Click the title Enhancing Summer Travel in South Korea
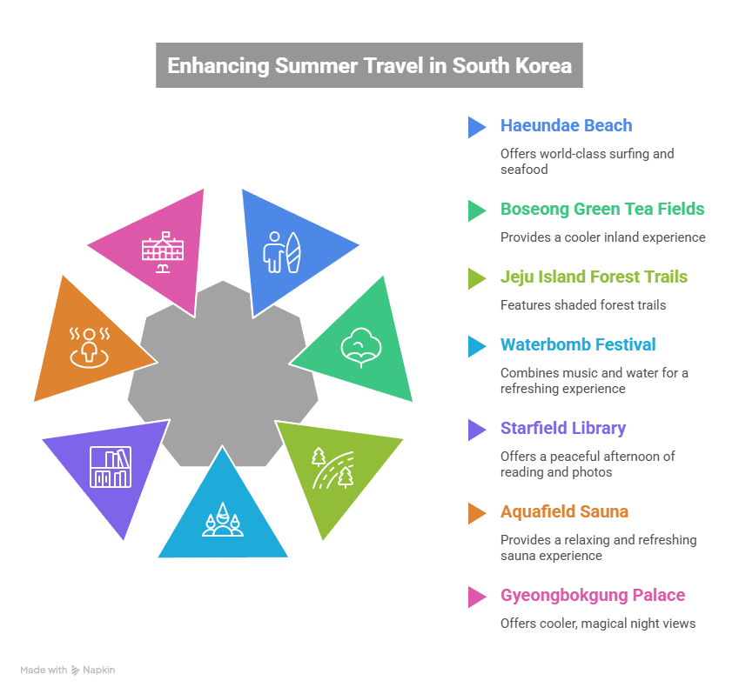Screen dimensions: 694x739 coord(369,65)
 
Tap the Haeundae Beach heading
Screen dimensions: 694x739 coord(566,125)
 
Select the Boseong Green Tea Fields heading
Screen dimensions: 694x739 coord(601,209)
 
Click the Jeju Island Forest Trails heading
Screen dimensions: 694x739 coord(594,277)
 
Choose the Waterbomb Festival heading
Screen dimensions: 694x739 coord(577,344)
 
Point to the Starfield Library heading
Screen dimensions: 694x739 coord(562,428)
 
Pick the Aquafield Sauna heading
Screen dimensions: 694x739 coord(563,511)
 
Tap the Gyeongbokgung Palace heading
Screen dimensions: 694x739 coord(592,595)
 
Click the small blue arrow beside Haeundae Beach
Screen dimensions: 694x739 coord(476,127)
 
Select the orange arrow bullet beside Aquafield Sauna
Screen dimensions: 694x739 coord(476,513)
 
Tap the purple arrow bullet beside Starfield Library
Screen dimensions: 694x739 coord(476,430)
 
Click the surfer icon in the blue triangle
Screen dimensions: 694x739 coord(283,251)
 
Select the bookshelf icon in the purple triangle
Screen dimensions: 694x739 coord(111,467)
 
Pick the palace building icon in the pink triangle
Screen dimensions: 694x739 coord(164,252)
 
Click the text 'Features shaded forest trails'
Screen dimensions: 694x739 coord(583,305)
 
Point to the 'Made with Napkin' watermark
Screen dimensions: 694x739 coord(68,670)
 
